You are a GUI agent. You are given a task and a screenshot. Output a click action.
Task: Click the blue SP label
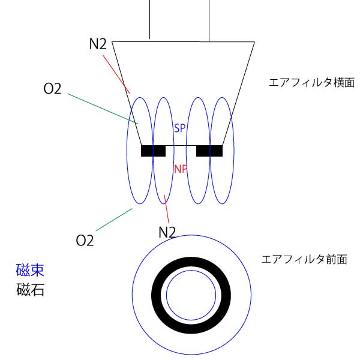tap(180, 129)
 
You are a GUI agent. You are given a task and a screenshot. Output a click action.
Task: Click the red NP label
tap(181, 169)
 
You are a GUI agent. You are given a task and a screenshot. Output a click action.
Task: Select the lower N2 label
tap(167, 232)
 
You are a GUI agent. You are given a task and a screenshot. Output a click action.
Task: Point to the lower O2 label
tap(85, 241)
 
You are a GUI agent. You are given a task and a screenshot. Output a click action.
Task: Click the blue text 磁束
tap(30, 270)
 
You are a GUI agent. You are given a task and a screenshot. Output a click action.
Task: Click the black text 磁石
tap(30, 290)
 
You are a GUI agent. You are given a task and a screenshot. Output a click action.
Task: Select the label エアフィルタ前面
tap(304, 260)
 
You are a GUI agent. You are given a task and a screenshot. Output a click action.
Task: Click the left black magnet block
tap(153, 151)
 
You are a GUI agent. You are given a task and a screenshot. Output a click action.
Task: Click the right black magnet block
tap(209, 151)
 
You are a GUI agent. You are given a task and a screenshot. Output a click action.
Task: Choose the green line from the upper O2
tap(102, 108)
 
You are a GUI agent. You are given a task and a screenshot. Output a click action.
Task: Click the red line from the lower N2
tap(167, 210)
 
